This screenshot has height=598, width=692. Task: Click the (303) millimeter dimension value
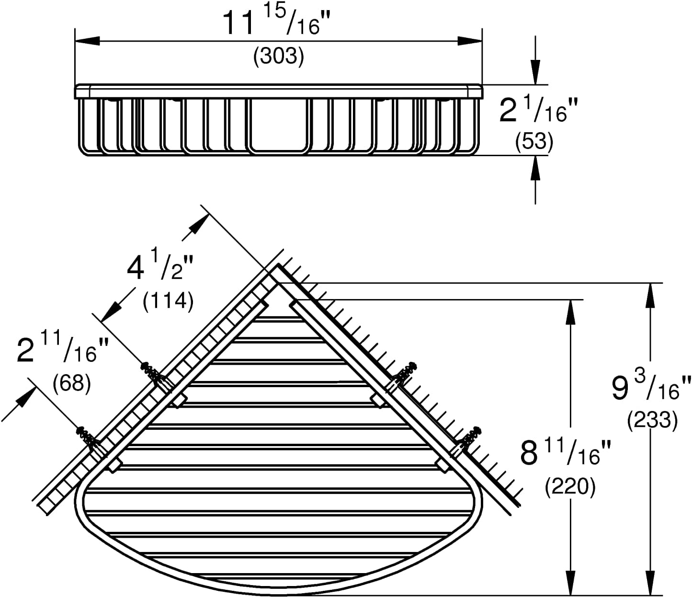[x=279, y=56]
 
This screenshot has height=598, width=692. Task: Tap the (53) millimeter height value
[x=534, y=142]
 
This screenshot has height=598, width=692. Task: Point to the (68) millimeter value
[x=72, y=382]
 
